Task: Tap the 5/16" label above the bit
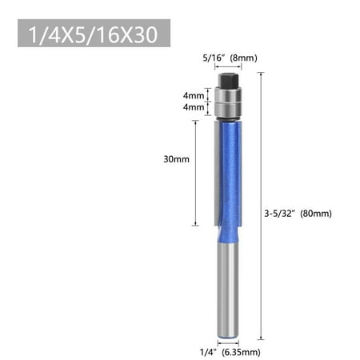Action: click(x=214, y=58)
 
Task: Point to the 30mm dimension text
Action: click(x=176, y=158)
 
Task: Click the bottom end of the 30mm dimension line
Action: click(x=194, y=225)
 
